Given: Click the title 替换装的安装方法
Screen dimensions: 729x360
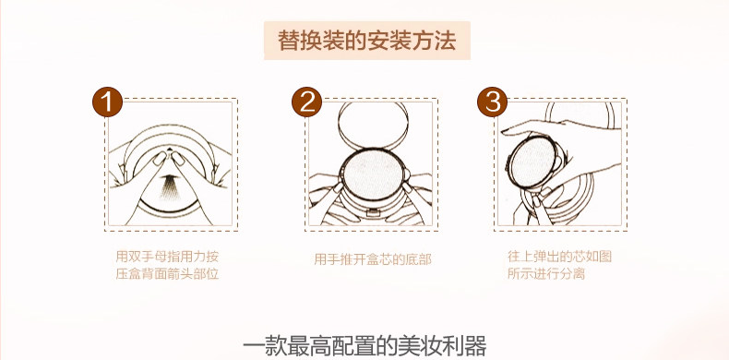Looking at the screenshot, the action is (367, 41).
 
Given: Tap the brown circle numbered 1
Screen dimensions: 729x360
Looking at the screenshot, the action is (107, 102).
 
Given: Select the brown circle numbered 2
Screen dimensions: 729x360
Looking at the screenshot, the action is (307, 102).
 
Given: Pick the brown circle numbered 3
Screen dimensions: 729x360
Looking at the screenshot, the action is (493, 102).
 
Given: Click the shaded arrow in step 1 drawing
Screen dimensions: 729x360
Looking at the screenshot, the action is (170, 186).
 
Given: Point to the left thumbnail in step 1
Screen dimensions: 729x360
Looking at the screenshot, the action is (160, 158).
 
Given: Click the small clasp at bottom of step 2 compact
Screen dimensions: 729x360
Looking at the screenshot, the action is (372, 212).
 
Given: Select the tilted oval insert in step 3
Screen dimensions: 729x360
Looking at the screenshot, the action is (532, 162).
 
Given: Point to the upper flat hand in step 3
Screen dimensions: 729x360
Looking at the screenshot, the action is (558, 129).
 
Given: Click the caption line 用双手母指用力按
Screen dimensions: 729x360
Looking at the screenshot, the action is (167, 257).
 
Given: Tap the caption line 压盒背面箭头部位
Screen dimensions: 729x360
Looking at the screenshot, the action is (167, 274).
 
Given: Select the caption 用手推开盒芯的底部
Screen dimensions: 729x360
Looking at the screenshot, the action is (373, 259).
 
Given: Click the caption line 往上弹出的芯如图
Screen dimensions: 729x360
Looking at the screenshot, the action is (559, 257).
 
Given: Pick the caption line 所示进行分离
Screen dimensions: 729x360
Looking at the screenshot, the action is (545, 273).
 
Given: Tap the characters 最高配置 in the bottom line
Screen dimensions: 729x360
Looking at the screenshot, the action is (335, 346).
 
